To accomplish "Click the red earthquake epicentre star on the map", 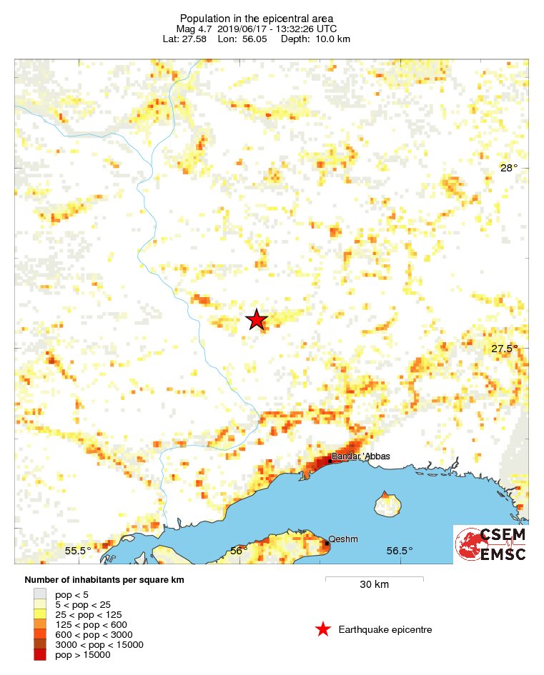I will (257, 320).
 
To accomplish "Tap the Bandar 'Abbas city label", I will (361, 456).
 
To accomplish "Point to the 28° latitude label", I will (508, 168).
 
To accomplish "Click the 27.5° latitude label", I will (505, 349).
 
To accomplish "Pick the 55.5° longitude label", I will (78, 551).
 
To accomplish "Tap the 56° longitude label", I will (239, 551).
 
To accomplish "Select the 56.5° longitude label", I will (400, 551).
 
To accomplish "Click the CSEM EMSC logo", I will (492, 545).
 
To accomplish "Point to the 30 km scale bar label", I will (374, 585).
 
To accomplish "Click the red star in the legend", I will (323, 629).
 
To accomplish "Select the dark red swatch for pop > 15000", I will (40, 654).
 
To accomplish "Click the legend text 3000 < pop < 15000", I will (99, 644).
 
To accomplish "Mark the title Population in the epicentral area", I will (257, 18).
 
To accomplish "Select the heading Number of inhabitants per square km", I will (104, 579).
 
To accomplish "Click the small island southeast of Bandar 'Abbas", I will (387, 504).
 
